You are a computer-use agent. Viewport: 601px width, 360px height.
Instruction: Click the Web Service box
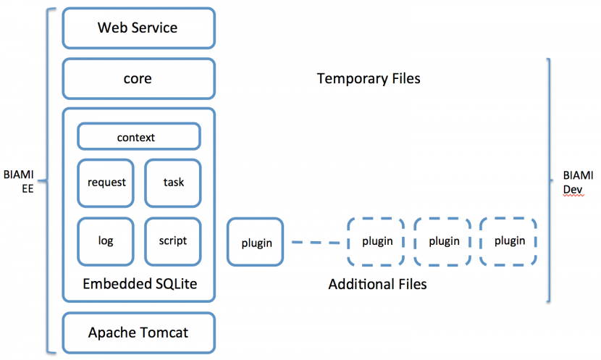click(x=139, y=28)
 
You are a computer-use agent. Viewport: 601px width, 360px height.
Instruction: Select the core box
click(x=139, y=79)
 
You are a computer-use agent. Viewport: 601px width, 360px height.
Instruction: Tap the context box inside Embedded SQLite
click(x=139, y=136)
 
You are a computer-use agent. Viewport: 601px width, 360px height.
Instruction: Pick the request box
click(x=106, y=183)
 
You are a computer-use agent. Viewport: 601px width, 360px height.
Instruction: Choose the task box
click(x=173, y=183)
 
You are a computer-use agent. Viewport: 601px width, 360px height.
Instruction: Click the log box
click(x=106, y=242)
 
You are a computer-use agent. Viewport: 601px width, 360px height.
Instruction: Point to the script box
click(x=173, y=242)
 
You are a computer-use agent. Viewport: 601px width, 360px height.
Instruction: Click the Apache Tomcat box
click(x=139, y=332)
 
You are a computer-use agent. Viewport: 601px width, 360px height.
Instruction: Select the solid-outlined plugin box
click(x=256, y=242)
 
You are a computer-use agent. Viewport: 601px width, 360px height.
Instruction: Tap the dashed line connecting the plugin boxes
click(x=316, y=243)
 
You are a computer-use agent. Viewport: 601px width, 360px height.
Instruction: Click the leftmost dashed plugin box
click(x=376, y=241)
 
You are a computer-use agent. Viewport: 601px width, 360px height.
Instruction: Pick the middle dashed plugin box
click(x=442, y=241)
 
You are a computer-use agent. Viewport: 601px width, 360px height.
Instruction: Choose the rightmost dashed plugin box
click(x=508, y=241)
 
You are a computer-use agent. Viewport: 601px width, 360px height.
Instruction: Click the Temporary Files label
click(x=369, y=79)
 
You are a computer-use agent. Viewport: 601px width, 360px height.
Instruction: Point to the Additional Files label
click(x=377, y=284)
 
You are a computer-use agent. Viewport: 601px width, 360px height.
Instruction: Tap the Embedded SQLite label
click(x=140, y=284)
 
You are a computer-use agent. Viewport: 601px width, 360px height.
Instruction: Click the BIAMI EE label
click(x=19, y=181)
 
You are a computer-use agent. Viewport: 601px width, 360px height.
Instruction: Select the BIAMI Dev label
click(x=578, y=183)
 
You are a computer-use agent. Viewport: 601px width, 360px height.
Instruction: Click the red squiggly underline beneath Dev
click(x=573, y=196)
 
